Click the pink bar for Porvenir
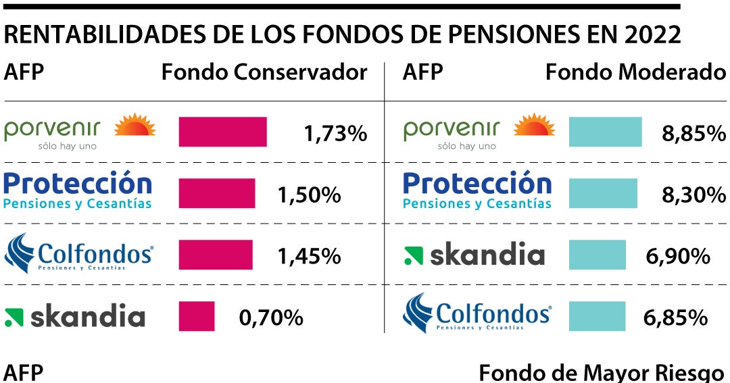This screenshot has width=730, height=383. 222,132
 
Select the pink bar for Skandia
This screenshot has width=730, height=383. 197,316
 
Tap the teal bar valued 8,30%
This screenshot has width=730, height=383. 603,193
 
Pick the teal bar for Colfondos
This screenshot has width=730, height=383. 597,316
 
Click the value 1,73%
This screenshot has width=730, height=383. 335,134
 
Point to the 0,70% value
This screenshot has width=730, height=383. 271,317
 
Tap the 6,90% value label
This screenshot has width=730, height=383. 678,256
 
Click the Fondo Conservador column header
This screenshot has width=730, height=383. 264,72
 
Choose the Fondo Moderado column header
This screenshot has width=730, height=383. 635,72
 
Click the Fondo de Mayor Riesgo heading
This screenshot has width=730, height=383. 602,372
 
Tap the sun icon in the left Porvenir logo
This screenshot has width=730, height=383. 135,126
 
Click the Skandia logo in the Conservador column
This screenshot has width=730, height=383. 75,317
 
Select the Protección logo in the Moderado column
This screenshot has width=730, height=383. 477,190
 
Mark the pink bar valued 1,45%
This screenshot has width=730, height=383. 216,255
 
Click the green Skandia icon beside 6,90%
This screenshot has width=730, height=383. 413,255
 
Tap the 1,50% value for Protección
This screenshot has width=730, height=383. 309,195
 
